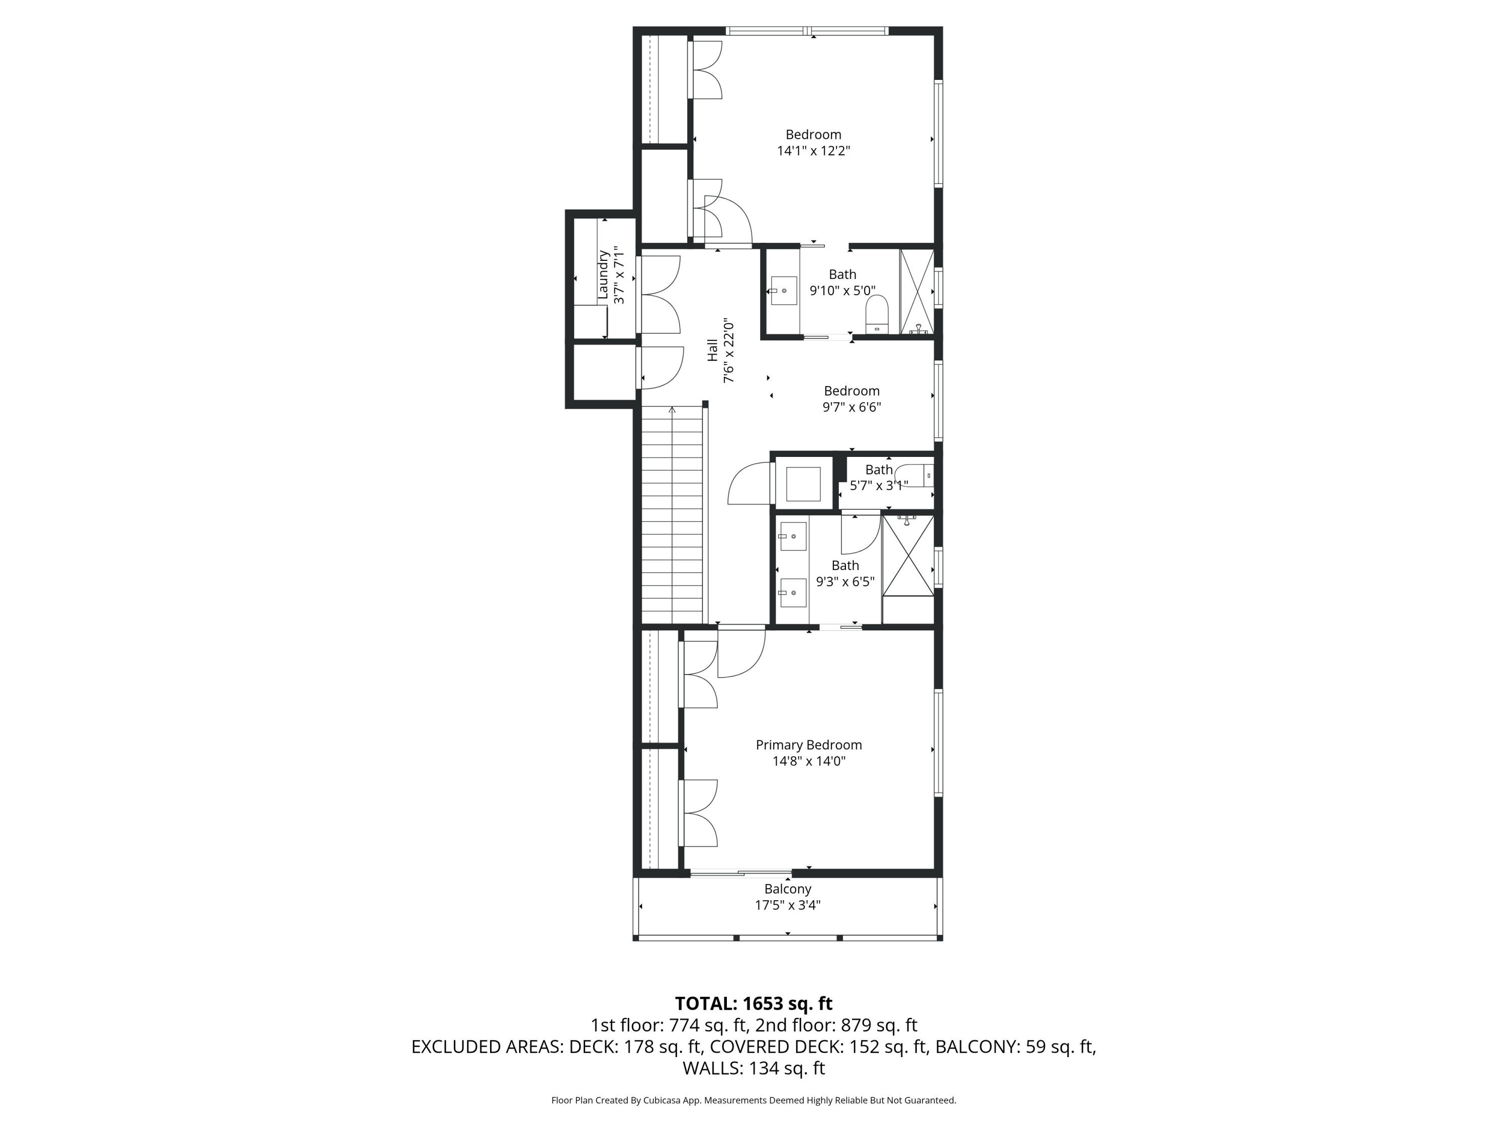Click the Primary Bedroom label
click(x=808, y=745)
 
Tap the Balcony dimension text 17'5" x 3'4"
click(x=787, y=905)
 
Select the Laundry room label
click(x=603, y=275)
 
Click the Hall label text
click(x=712, y=350)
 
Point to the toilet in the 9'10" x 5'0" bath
click(x=877, y=314)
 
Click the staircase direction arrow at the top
click(x=672, y=410)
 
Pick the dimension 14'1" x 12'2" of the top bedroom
click(x=813, y=151)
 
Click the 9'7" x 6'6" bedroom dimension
click(x=852, y=408)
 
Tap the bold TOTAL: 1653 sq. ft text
click(x=753, y=1003)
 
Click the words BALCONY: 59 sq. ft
click(x=1014, y=1047)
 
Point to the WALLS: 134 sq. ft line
click(x=753, y=1068)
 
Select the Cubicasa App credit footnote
click(x=753, y=1100)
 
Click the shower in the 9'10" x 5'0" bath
click(x=917, y=292)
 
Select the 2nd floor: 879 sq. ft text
click(x=836, y=1025)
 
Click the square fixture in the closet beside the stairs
click(x=803, y=484)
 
